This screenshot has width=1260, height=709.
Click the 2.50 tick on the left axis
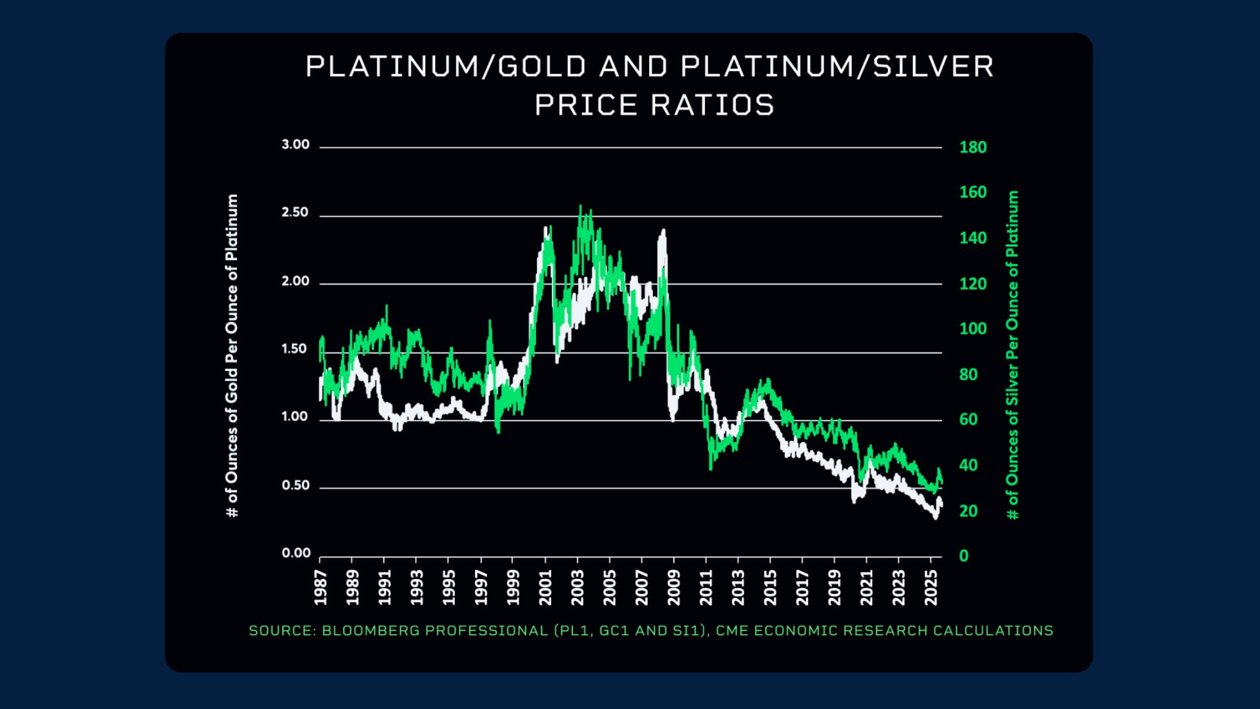tap(295, 213)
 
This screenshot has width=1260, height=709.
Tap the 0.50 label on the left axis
tap(295, 486)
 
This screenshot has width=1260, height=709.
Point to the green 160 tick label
tap(973, 192)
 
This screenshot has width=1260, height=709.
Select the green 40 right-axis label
tap(968, 465)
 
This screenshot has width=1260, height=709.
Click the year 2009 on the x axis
tap(674, 587)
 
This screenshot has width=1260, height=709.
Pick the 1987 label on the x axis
tap(320, 587)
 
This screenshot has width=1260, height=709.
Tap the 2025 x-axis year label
tap(931, 587)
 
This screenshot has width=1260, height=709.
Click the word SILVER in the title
tap(933, 67)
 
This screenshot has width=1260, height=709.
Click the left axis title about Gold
tap(232, 355)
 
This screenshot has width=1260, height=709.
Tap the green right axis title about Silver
tap(1013, 355)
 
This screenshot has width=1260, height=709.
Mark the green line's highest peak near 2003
tap(580, 207)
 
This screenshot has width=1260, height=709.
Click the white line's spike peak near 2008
tap(663, 230)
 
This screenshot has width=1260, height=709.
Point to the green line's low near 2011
tap(711, 467)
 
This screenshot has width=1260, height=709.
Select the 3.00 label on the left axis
tap(295, 144)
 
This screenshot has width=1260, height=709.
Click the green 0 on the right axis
tap(963, 556)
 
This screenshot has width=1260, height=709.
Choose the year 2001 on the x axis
tap(545, 587)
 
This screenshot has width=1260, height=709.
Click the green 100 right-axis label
tap(973, 329)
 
